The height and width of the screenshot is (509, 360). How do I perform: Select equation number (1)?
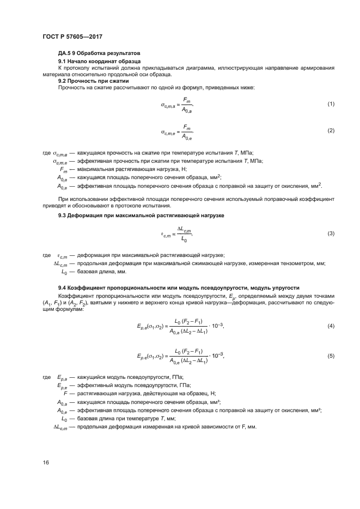click(330, 103)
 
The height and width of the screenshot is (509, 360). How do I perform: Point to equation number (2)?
click(330, 131)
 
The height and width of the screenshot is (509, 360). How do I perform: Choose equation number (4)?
click(330, 326)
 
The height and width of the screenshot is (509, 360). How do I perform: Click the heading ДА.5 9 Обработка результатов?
click(99, 53)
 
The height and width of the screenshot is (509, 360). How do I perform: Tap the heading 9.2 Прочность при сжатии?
click(89, 81)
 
